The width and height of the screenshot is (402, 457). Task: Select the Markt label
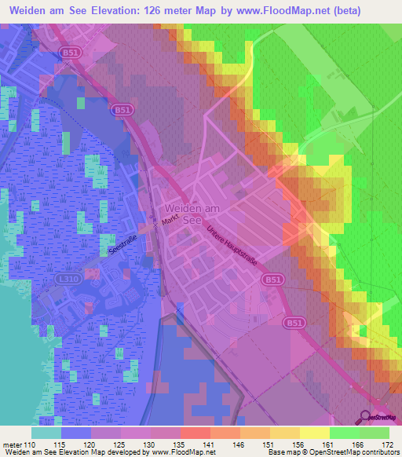point(171,223)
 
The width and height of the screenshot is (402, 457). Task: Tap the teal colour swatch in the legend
point(46,432)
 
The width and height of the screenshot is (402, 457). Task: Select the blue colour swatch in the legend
point(76,432)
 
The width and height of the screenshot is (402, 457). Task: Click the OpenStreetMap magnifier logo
point(366,417)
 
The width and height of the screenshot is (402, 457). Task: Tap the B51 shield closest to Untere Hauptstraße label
point(294,279)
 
